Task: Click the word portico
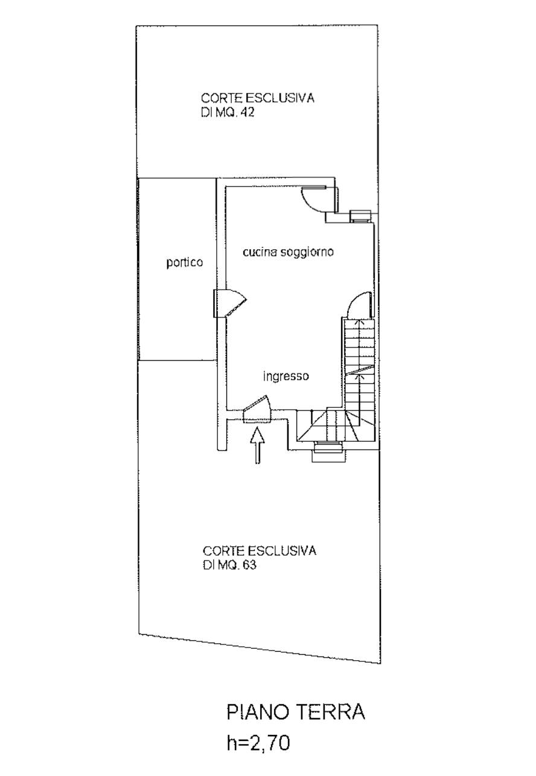point(184,262)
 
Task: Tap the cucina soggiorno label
point(288,252)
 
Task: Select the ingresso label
point(286,376)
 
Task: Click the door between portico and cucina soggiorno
point(229,304)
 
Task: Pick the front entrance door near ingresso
point(257,409)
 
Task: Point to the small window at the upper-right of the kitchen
point(361,217)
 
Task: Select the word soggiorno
point(307,252)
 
